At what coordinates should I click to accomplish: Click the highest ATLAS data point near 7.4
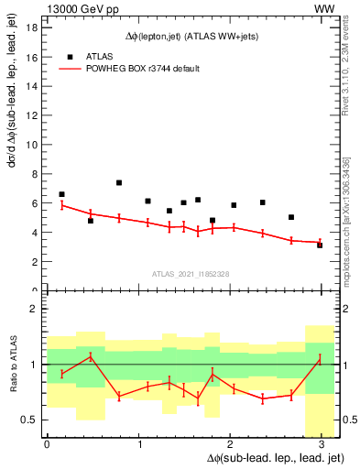(119, 183)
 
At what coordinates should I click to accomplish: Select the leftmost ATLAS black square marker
(61, 194)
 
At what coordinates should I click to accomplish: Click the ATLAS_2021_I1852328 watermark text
(190, 274)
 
